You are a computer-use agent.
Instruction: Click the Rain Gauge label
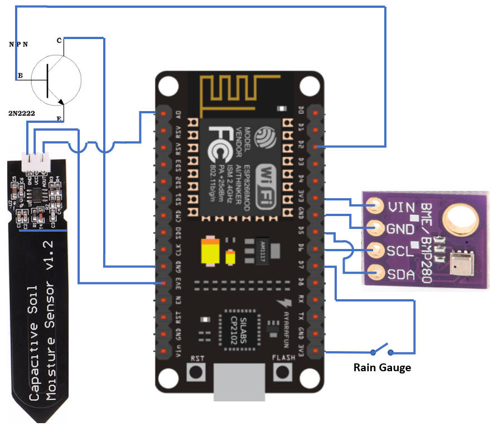pos(382,368)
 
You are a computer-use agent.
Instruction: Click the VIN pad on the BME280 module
pos(378,206)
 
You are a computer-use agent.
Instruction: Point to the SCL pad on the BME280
pos(378,251)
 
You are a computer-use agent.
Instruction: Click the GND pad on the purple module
pos(378,228)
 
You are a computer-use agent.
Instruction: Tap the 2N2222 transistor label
pos(21,113)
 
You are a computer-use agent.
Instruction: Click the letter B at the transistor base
pos(20,75)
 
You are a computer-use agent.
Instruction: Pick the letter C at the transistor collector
pos(59,40)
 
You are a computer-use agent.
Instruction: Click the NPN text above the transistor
pos(18,44)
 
